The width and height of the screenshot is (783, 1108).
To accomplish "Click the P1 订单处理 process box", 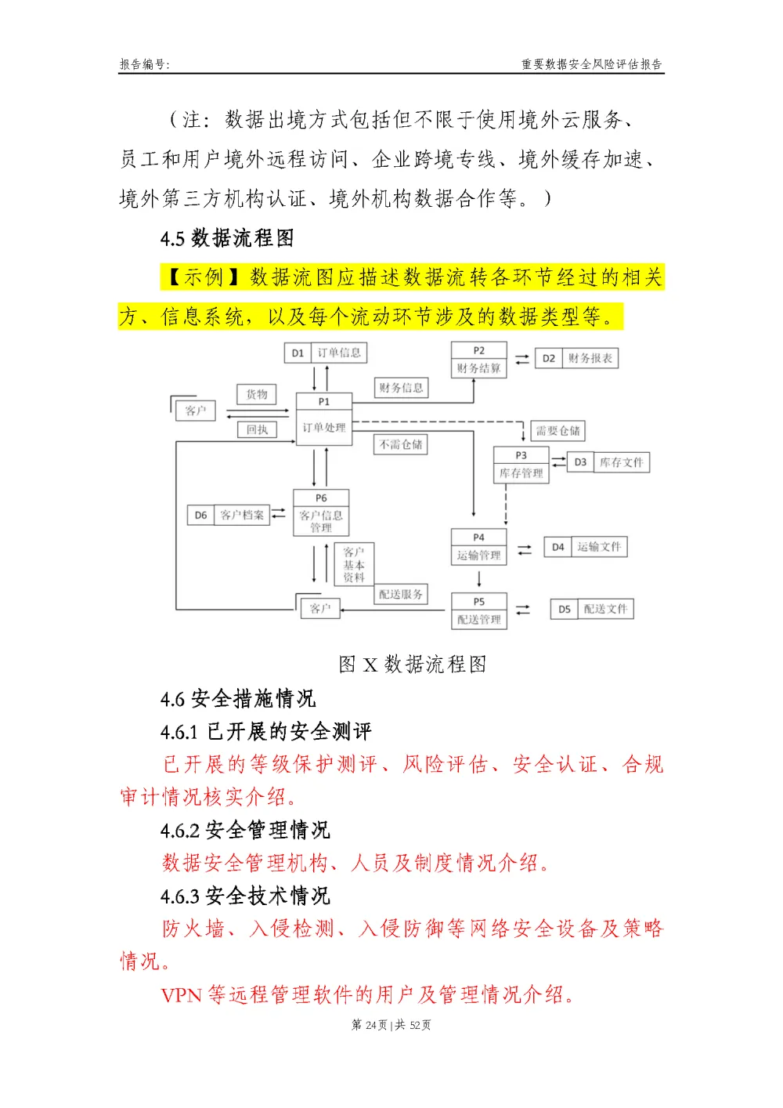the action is pos(324,420).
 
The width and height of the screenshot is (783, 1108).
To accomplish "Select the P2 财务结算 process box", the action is pos(478,360).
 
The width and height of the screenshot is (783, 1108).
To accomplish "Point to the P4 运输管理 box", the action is pos(478,547).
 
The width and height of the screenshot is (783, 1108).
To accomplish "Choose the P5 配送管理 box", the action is pos(478,611).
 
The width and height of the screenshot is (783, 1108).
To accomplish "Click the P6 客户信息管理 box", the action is pos(321,513).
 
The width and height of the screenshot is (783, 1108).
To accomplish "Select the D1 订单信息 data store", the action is pos(325,353).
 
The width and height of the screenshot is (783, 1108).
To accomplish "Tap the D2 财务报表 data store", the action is pos(577,358).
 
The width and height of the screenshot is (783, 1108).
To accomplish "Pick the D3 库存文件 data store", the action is pos(608,462).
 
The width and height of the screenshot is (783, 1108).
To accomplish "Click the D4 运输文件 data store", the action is pos(586,547).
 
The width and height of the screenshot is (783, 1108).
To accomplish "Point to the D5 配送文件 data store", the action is pos(592,609).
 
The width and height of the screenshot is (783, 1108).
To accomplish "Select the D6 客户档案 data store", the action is pos(228,515).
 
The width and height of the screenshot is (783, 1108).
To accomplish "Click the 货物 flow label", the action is pos(257,394).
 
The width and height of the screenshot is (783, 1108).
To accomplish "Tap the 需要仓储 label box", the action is pos(558,431).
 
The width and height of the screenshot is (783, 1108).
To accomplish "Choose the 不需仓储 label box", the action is pos(401,444).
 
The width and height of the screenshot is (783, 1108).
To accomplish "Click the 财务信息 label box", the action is pos(401,388).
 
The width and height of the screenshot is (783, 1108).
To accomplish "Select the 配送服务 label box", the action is pos(401,595).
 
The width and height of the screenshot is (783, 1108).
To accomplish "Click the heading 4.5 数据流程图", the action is pos(227,238).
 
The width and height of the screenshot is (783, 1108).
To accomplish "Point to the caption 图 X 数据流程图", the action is pos(413,664).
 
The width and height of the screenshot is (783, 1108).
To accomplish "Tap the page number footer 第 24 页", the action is pos(370,1025).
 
